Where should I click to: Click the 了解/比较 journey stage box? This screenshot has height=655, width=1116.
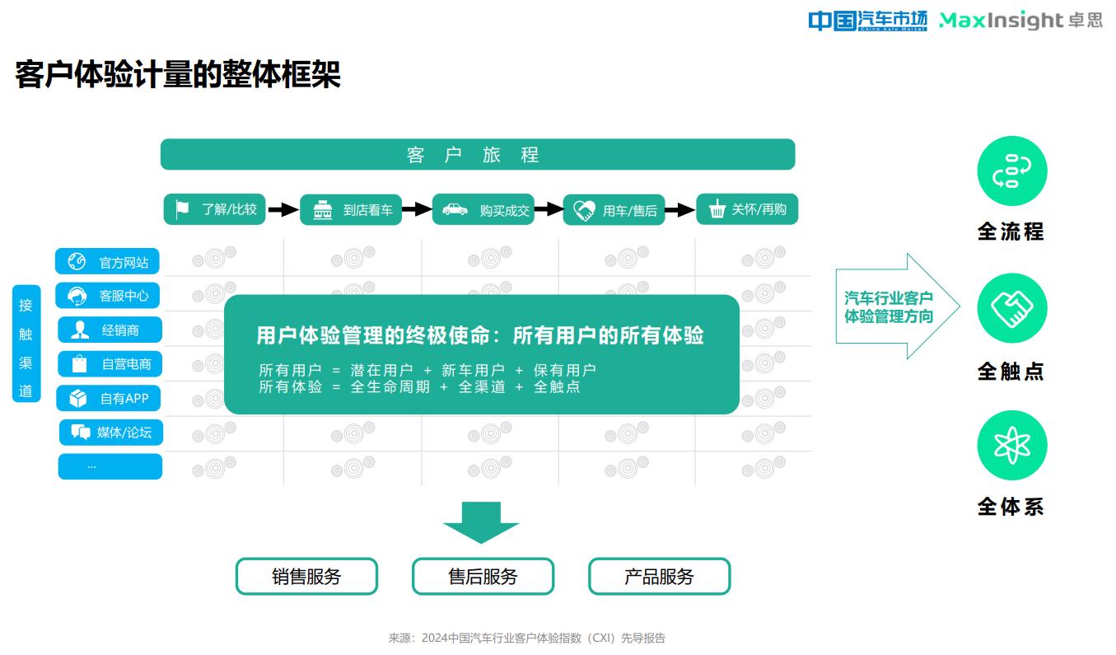point(214,209)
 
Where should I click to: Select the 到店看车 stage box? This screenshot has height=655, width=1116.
point(351,210)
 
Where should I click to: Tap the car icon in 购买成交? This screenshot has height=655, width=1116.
point(455,209)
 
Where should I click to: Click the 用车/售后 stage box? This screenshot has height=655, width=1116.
point(614,210)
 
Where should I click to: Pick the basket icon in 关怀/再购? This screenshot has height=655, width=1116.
point(717,209)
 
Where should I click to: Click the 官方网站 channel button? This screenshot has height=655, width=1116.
point(107,261)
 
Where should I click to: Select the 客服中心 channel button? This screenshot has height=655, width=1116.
point(108,296)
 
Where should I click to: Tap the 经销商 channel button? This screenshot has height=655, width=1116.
point(110,330)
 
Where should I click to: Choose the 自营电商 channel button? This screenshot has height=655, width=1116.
point(110,364)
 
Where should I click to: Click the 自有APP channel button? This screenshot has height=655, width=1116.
point(109,398)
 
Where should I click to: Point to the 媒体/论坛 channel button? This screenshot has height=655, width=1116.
point(111,433)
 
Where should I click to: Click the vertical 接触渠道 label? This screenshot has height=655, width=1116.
point(26,344)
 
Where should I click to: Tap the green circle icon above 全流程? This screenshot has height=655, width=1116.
point(1012,171)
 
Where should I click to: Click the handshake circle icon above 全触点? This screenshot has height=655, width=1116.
point(1012,308)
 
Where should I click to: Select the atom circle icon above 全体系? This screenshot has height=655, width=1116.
point(1012,445)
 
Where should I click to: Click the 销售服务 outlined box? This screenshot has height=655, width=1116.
point(306,576)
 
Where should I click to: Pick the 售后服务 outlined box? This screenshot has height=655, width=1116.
point(483,576)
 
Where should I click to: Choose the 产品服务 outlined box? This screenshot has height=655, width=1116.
point(659,576)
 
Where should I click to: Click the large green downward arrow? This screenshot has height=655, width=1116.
point(481,522)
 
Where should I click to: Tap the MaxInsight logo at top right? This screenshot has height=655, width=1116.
point(1020,20)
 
